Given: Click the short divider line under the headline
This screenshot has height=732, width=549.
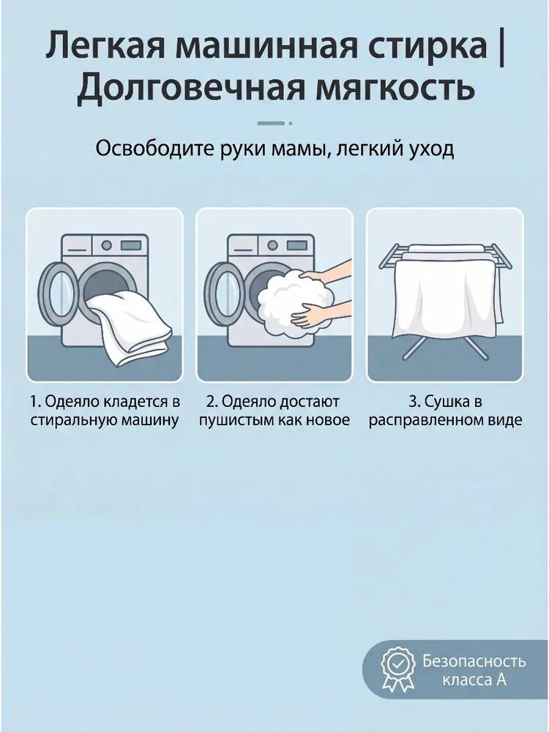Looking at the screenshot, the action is [274, 123].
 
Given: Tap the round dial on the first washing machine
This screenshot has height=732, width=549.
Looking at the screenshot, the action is [107, 244].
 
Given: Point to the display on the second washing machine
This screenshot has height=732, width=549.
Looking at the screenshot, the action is [297, 245].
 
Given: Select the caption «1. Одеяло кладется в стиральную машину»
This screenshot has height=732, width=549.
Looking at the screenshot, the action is [105, 411].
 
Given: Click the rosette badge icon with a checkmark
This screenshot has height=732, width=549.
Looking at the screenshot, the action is [397, 668].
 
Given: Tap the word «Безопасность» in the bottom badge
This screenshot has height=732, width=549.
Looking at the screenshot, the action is [474, 661].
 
